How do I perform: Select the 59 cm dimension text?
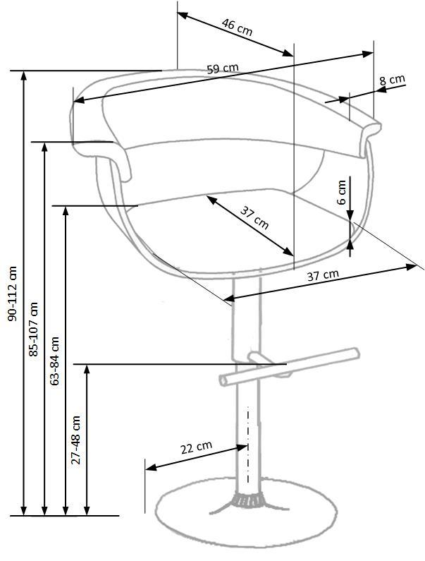point(223,68)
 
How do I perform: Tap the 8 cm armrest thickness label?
point(393,80)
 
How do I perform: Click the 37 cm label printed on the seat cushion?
point(254,218)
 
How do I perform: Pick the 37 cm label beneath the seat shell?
point(322,275)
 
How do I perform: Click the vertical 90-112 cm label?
point(12,294)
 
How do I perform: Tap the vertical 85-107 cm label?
point(33,329)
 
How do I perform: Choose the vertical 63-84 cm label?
point(55,360)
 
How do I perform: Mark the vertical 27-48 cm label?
point(76,439)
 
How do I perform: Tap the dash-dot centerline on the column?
point(247,445)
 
